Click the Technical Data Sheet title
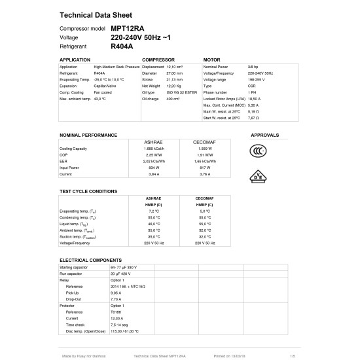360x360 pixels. coord(96,15)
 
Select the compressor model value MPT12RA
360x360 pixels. coord(128,29)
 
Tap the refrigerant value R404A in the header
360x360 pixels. coord(122,47)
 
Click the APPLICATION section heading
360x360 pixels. coord(75,60)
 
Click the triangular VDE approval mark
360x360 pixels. coord(259,177)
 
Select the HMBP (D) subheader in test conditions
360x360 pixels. coord(153,204)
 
